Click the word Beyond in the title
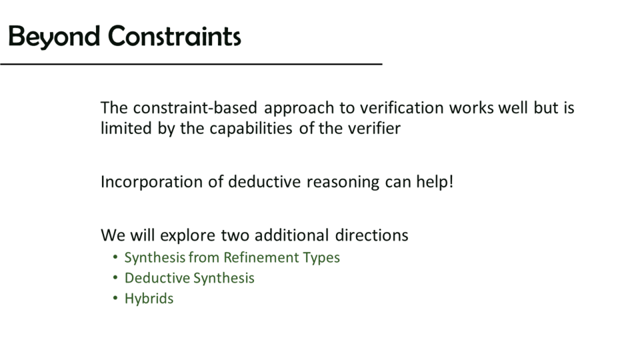(x=54, y=37)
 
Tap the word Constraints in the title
(x=175, y=36)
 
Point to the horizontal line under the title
(x=191, y=64)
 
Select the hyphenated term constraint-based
(x=195, y=108)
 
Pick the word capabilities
(x=251, y=129)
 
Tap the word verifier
(x=374, y=128)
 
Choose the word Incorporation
(x=151, y=182)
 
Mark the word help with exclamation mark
(x=435, y=181)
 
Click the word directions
(x=371, y=235)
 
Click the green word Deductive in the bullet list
(x=157, y=278)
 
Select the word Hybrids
(x=149, y=299)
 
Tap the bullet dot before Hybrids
(x=115, y=299)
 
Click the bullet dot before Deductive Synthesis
(x=115, y=278)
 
